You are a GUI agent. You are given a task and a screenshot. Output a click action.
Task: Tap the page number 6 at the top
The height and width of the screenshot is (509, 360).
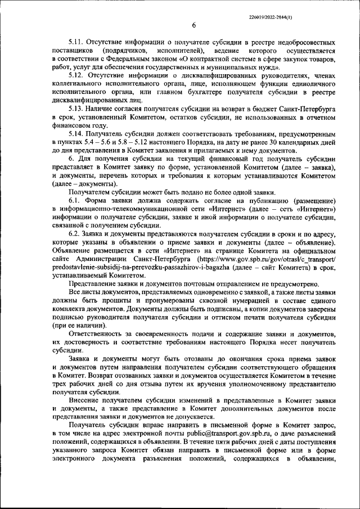click(193, 25)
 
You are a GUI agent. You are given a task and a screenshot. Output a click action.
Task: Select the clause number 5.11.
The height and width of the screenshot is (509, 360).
click(76, 43)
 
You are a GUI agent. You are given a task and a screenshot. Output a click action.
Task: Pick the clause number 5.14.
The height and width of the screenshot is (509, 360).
click(76, 135)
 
